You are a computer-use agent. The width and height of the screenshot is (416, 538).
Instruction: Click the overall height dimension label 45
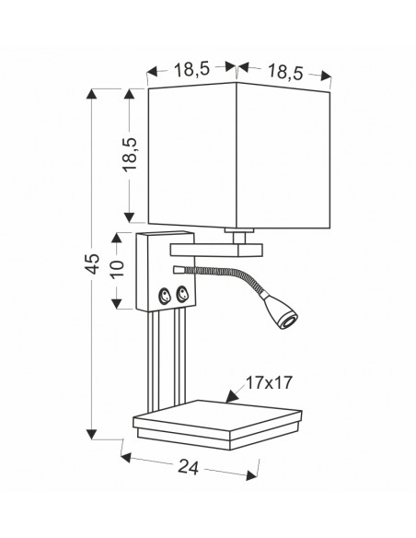(x=92, y=263)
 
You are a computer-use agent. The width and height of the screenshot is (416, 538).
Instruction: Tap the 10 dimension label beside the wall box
(x=117, y=269)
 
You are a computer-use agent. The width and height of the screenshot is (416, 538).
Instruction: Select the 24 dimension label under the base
(x=188, y=467)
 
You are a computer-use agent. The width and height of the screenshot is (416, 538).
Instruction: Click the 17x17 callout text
(x=270, y=382)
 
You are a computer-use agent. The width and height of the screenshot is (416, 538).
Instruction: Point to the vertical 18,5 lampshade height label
(x=130, y=155)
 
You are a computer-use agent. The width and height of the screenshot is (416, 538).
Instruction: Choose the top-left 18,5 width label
(x=191, y=70)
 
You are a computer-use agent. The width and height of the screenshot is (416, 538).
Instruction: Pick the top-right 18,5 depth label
(x=285, y=73)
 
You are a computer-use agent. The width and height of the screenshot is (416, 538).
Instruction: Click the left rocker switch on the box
(x=164, y=296)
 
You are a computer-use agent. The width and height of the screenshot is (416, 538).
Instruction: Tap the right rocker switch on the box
(x=182, y=294)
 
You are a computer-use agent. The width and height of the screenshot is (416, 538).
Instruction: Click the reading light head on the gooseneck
(x=281, y=310)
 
